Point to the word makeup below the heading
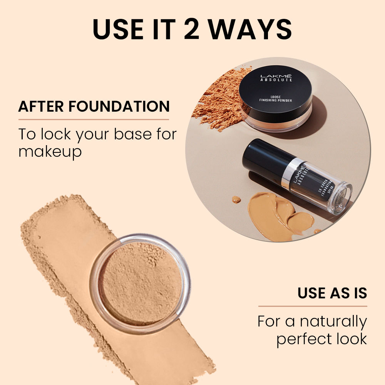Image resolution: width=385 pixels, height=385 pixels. tap(50, 151)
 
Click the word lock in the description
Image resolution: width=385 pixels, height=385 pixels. tap(55, 134)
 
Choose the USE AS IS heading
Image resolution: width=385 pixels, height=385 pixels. tap(332, 293)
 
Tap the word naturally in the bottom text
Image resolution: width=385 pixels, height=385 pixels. tap(333, 321)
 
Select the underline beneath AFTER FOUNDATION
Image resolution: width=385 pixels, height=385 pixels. tap(94, 119)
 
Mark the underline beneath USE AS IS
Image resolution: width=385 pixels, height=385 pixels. tap(313, 306)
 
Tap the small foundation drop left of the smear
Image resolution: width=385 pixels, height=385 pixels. tap(236, 199)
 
